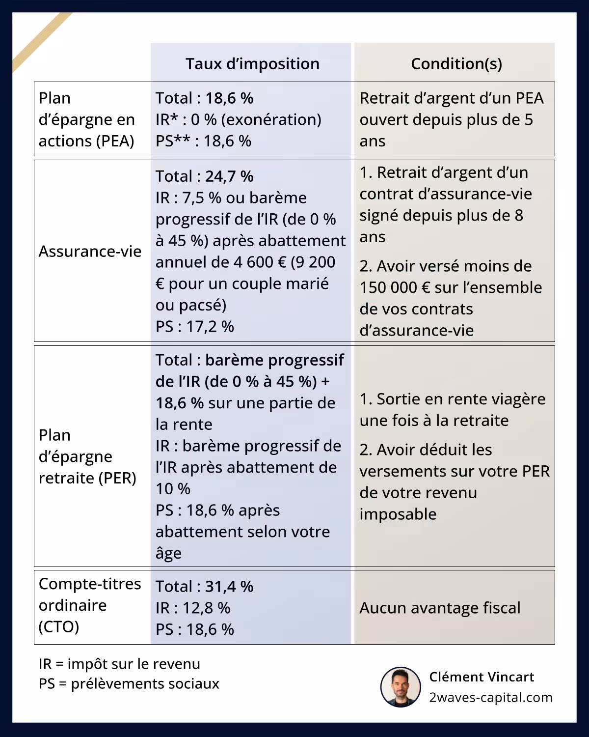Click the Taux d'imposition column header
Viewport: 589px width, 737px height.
252,64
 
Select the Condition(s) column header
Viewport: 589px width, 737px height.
456,64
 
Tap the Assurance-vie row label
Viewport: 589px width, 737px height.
90,252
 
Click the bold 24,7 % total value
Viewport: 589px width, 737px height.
229,176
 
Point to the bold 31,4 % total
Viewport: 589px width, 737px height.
229,587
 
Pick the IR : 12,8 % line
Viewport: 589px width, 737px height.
193,608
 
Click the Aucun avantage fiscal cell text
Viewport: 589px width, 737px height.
440,608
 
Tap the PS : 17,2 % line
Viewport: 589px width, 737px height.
195,327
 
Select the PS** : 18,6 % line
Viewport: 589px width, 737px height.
203,142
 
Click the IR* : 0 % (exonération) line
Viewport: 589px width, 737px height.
239,120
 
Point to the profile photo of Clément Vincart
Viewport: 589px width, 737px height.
401,687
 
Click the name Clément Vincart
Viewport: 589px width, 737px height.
482,677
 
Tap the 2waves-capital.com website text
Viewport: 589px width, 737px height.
491,698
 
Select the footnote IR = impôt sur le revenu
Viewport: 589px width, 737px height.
119,664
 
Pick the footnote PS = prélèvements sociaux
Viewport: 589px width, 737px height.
129,684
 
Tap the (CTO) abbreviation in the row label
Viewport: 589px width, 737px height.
58,627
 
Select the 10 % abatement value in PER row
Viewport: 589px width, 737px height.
173,489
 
